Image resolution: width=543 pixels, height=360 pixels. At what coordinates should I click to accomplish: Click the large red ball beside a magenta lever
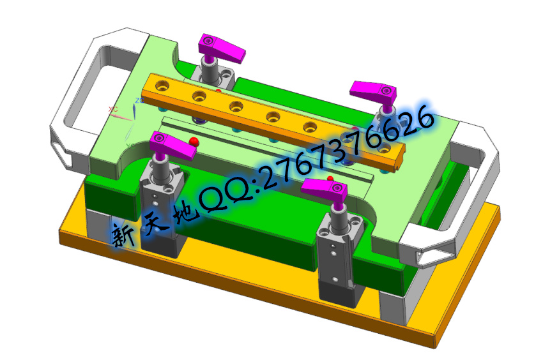[x=194, y=141]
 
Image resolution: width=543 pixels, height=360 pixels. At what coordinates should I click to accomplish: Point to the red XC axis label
[x=113, y=109]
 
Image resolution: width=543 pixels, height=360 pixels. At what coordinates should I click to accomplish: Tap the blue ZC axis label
[x=139, y=101]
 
